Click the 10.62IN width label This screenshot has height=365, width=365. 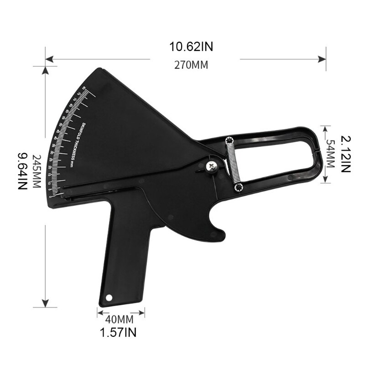[191, 47]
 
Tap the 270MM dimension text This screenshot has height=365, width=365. [191, 65]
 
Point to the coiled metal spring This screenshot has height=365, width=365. [233, 163]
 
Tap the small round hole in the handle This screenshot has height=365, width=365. [109, 297]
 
